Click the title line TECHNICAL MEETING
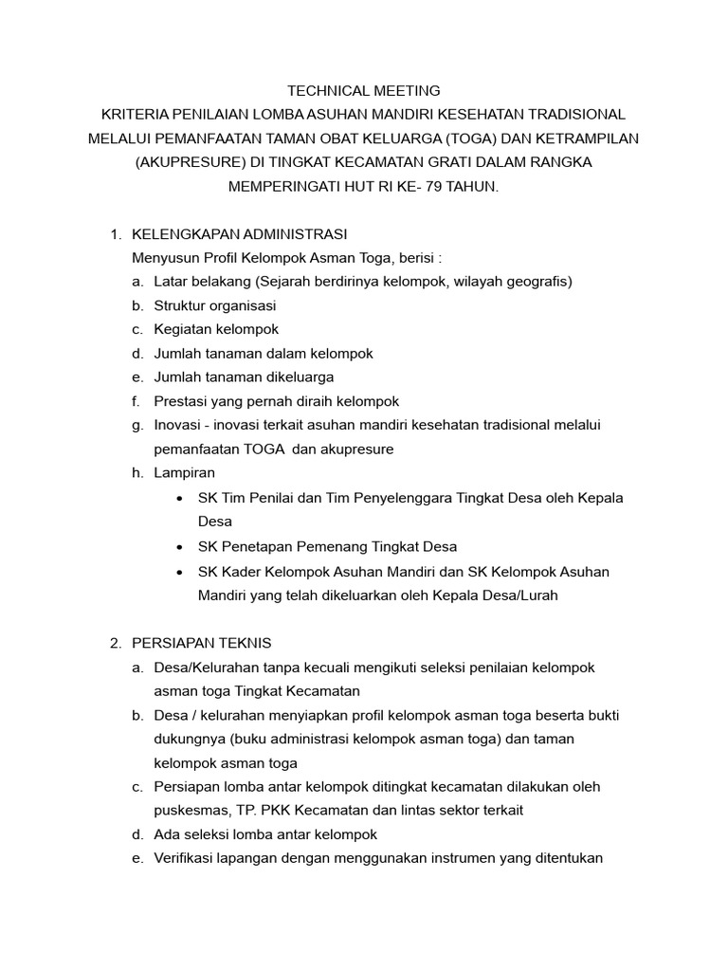tap(364, 91)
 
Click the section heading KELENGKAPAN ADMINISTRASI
tap(240, 233)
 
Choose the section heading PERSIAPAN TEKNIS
tap(202, 643)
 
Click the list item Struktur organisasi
tap(215, 305)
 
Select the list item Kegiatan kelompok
tap(216, 329)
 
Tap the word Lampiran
tap(185, 472)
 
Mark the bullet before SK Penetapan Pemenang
tap(181, 547)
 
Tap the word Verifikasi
tap(186, 858)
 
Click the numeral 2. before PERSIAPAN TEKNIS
tap(116, 643)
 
